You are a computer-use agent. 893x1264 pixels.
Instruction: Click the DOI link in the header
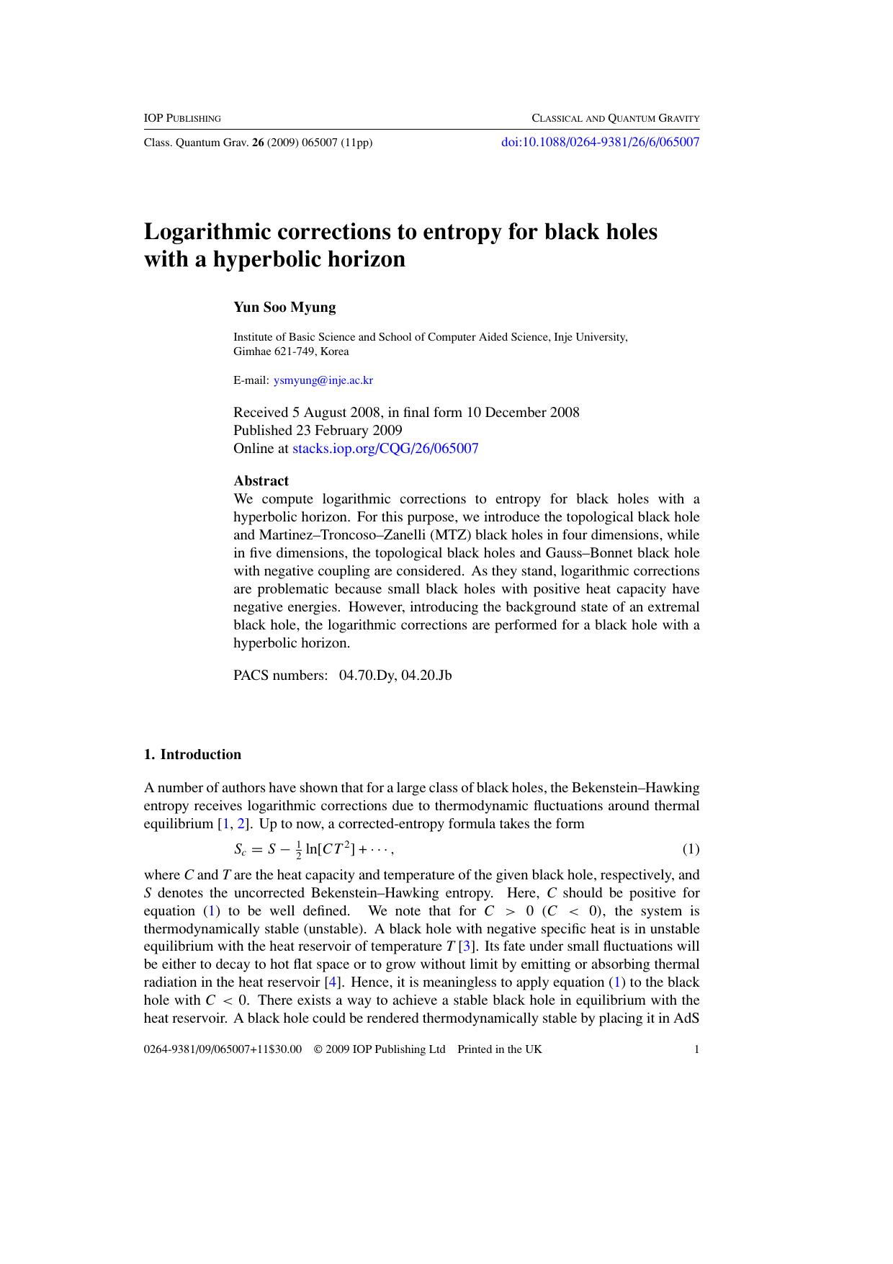click(x=600, y=142)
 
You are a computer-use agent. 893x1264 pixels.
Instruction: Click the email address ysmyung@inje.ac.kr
click(x=323, y=380)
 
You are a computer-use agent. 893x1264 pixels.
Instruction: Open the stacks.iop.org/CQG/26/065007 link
click(x=385, y=449)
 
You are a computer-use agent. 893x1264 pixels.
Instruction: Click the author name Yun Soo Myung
click(x=284, y=308)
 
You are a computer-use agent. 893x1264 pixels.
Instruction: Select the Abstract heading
click(x=261, y=481)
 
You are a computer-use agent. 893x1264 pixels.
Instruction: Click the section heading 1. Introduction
click(x=192, y=755)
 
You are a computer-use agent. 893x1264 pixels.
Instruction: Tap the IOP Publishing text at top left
click(x=182, y=118)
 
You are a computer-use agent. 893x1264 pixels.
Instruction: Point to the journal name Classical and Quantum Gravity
click(x=615, y=118)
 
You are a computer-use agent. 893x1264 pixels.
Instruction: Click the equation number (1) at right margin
click(x=691, y=849)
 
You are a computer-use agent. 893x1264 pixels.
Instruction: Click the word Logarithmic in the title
click(x=209, y=232)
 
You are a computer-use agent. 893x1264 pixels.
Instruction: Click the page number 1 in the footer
click(x=696, y=1049)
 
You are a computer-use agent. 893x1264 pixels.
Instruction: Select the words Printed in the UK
click(x=499, y=1049)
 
